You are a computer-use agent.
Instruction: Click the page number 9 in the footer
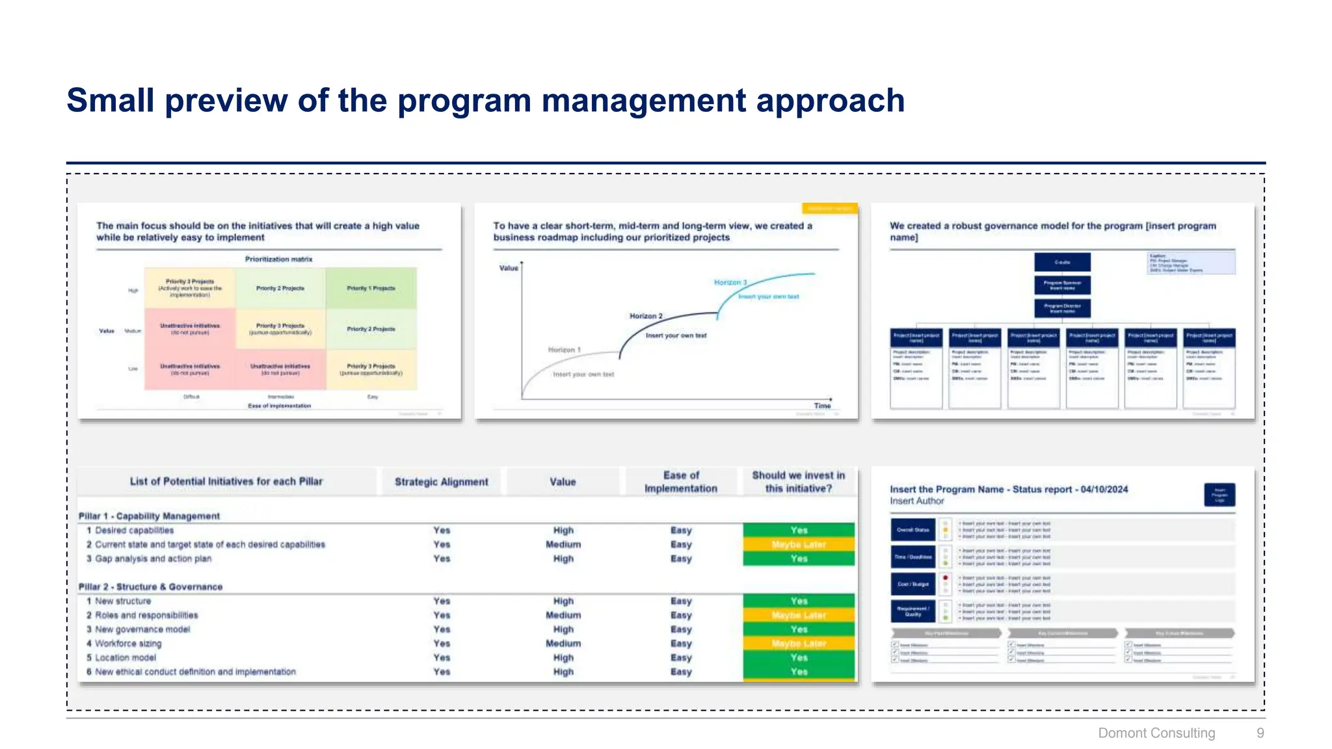pyautogui.click(x=1260, y=733)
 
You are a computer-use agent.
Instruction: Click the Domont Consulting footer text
pyautogui.click(x=1156, y=733)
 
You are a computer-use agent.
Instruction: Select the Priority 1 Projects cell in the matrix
pyautogui.click(x=371, y=288)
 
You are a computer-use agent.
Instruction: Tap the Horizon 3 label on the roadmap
pyautogui.click(x=730, y=282)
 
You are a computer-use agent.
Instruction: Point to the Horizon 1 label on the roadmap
pyautogui.click(x=564, y=350)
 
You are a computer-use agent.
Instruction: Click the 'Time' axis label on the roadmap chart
pyautogui.click(x=822, y=406)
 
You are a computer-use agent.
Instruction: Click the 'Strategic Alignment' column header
pyautogui.click(x=441, y=482)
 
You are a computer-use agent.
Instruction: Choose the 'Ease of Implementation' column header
pyautogui.click(x=680, y=482)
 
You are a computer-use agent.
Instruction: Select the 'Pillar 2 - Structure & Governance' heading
pyautogui.click(x=150, y=586)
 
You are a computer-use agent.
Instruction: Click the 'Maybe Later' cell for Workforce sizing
pyautogui.click(x=799, y=644)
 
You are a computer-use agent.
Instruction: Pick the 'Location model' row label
pyautogui.click(x=125, y=657)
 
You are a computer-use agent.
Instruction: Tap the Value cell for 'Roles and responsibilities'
pyautogui.click(x=563, y=615)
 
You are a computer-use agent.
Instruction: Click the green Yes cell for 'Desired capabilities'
pyautogui.click(x=799, y=530)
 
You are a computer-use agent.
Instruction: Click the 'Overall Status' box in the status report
pyautogui.click(x=912, y=530)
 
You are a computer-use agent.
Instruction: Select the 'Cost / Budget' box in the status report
pyautogui.click(x=912, y=584)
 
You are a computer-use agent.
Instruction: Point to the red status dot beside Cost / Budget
pyautogui.click(x=945, y=577)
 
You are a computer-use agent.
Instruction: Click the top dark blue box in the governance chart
pyautogui.click(x=1062, y=262)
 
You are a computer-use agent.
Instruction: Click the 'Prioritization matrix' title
pyautogui.click(x=278, y=259)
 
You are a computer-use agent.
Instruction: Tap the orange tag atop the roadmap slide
pyautogui.click(x=829, y=209)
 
